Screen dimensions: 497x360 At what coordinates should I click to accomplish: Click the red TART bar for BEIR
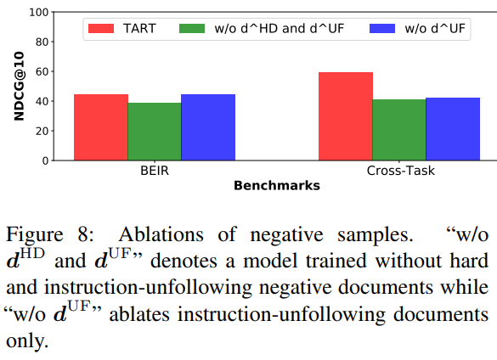[101, 127]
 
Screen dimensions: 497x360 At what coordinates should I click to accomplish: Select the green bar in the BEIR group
[155, 132]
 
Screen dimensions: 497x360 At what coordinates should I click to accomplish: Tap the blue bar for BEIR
[208, 127]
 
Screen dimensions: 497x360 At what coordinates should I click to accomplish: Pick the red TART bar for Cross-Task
[346, 116]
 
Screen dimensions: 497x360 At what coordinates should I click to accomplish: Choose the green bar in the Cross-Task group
[399, 130]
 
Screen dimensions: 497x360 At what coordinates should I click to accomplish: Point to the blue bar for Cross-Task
[453, 129]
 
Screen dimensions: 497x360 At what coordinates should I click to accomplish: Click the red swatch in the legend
[101, 29]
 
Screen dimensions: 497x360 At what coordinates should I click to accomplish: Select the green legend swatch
[192, 29]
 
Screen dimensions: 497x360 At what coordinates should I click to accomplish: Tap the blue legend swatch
[382, 29]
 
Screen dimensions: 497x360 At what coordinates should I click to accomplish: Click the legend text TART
[139, 29]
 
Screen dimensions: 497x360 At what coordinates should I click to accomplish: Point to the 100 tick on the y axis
[39, 13]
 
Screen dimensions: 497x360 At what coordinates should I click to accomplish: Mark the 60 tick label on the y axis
[42, 72]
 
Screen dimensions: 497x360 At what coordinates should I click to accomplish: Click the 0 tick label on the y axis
[45, 161]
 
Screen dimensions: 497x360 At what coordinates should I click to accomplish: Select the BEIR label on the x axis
[155, 171]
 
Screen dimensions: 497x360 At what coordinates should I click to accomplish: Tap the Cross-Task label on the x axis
[401, 171]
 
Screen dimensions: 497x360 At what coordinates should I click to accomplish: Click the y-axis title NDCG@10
[19, 87]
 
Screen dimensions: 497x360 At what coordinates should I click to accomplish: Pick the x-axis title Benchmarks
[277, 186]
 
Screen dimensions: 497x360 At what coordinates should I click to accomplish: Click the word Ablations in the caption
[161, 235]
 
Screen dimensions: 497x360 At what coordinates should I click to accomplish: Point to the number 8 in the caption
[85, 235]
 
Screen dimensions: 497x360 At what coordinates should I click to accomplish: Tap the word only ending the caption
[27, 341]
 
